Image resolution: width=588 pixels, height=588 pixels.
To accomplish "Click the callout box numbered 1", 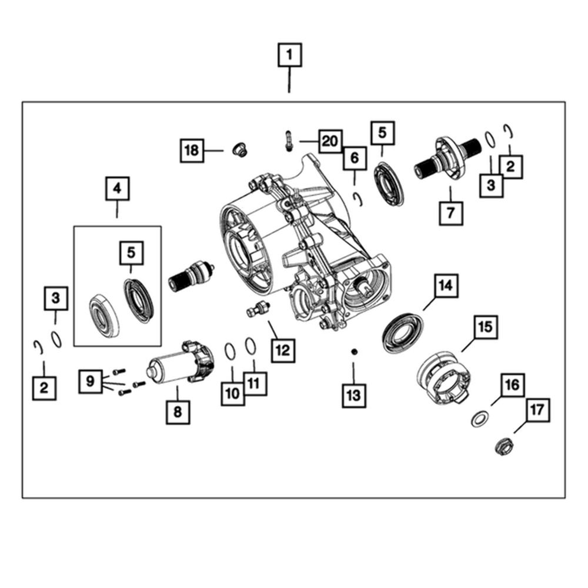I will point(289,56).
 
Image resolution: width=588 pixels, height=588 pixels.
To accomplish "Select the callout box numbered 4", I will point(117,189).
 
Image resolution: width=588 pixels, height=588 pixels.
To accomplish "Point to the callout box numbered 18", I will point(191,151).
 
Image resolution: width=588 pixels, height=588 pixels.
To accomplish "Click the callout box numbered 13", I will point(353,395).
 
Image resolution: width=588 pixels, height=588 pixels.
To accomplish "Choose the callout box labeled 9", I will point(91,381).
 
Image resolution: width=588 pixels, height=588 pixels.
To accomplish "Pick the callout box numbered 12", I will point(282,350).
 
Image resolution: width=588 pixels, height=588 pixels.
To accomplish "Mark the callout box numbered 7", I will point(451,213).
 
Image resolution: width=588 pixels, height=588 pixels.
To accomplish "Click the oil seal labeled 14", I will point(403,333).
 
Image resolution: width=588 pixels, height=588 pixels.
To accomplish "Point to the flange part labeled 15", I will point(442,376).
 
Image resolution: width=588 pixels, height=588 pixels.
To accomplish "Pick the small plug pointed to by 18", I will point(239,149).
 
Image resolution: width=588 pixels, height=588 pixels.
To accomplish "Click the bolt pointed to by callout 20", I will point(289,141).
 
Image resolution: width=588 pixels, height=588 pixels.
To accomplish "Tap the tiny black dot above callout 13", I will point(353,352).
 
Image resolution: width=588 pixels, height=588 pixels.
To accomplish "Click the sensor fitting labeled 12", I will point(257,308).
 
